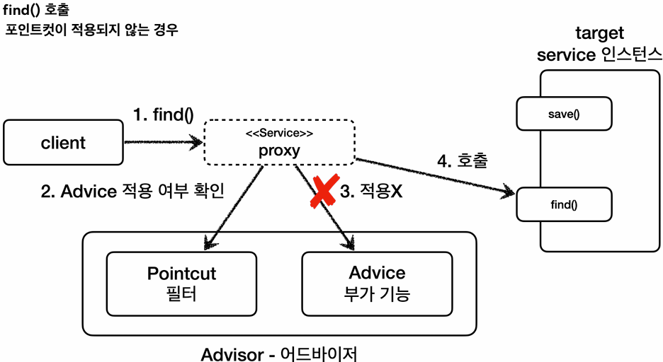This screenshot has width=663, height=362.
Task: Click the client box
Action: pyautogui.click(x=63, y=143)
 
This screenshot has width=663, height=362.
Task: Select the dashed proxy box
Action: pyautogui.click(x=279, y=143)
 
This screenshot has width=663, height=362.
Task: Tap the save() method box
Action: pyautogui.click(x=563, y=114)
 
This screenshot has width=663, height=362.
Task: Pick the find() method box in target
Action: pyautogui.click(x=563, y=204)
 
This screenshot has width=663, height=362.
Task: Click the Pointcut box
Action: pyautogui.click(x=181, y=284)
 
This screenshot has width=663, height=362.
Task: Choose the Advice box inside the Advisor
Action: pyautogui.click(x=377, y=284)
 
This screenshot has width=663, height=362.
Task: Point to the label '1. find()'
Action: pyautogui.click(x=163, y=115)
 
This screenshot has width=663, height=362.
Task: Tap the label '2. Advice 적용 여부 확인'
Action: pyautogui.click(x=133, y=192)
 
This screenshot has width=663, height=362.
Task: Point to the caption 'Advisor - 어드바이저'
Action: pyautogui.click(x=284, y=353)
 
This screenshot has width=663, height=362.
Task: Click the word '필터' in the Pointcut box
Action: pyautogui.click(x=181, y=294)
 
